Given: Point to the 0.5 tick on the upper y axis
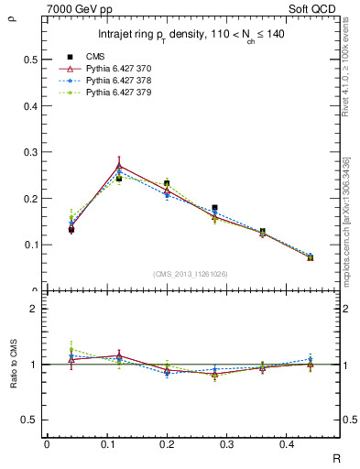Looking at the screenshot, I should click(x=29, y=60).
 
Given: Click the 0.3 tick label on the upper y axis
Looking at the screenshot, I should click(x=29, y=152).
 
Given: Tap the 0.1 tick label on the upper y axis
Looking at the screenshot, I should click(x=29, y=245).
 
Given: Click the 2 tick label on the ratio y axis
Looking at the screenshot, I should click(x=34, y=309).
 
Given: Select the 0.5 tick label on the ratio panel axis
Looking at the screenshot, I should click(x=29, y=420).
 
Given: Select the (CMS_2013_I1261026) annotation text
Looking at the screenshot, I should click(x=190, y=274).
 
